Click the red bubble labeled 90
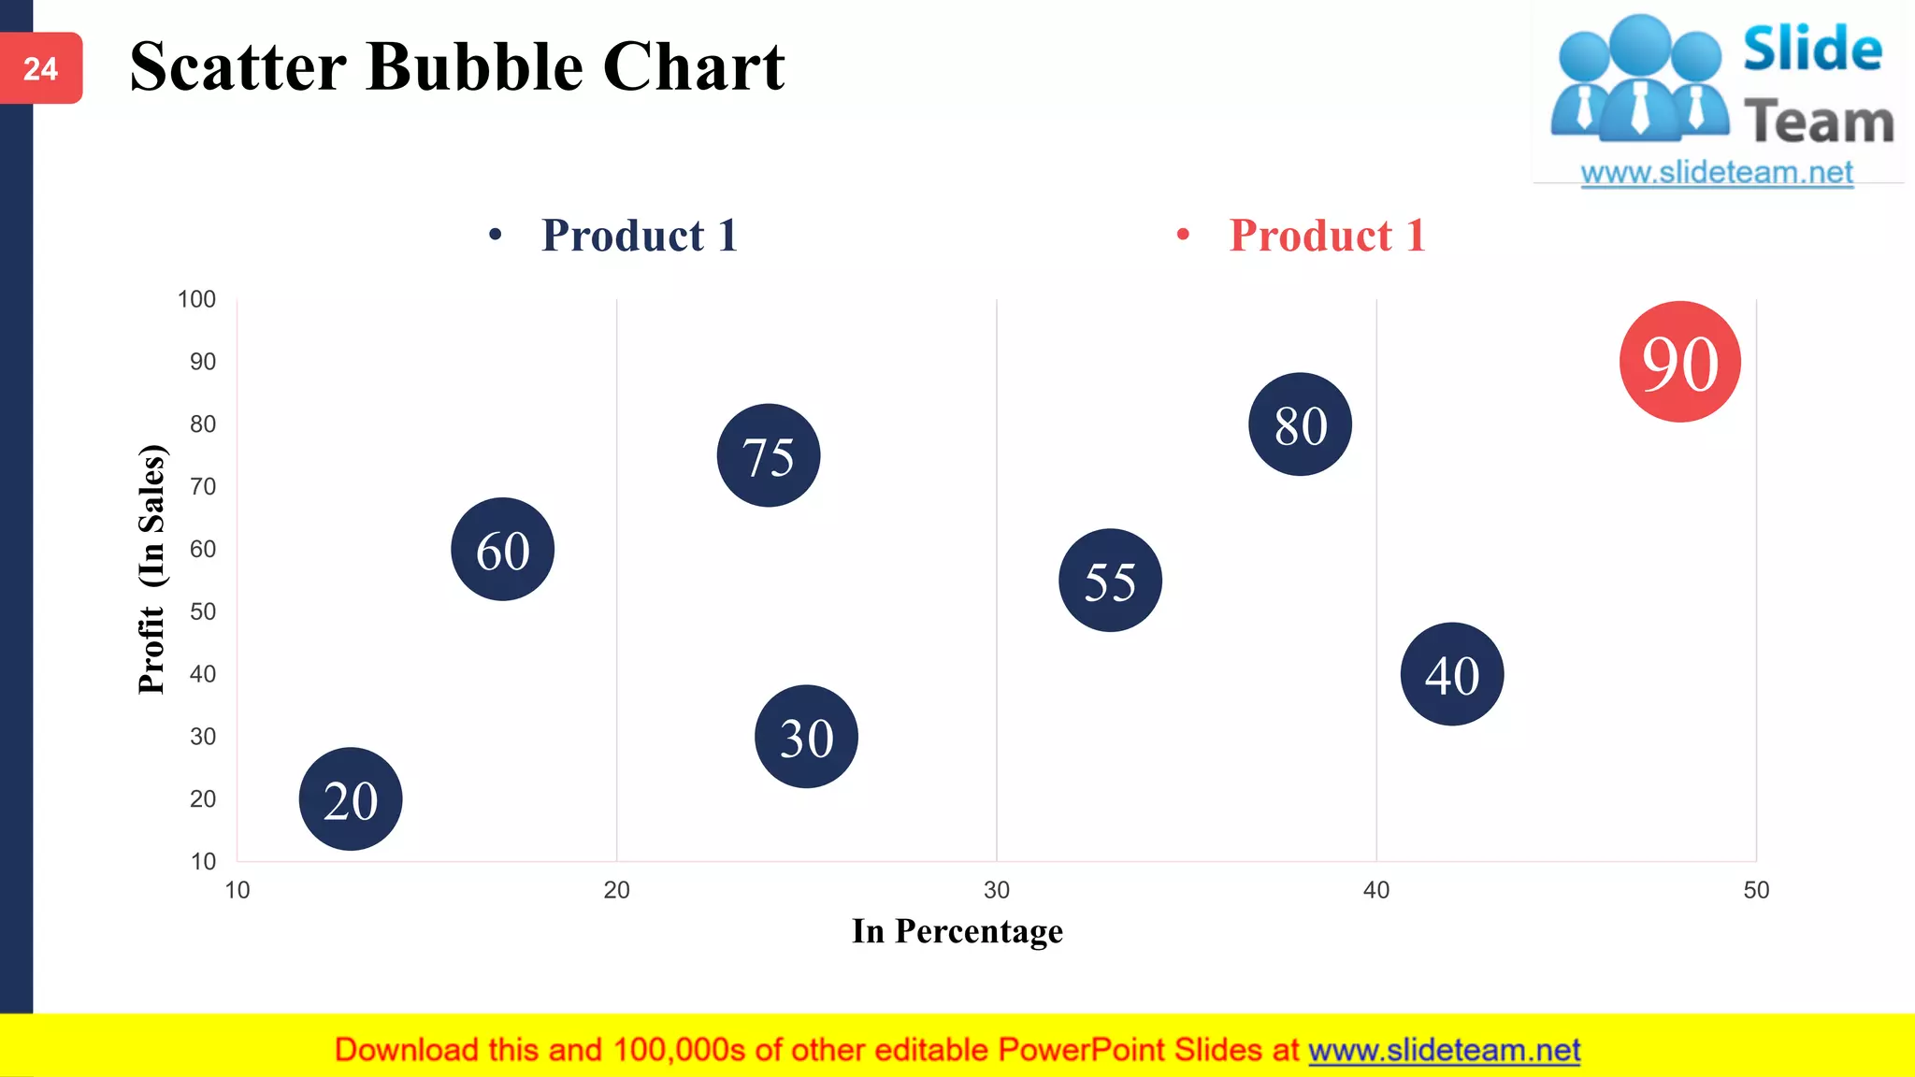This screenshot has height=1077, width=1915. tap(1679, 362)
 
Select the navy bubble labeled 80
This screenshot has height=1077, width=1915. tap(1300, 424)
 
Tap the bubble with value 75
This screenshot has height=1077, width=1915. tap(768, 455)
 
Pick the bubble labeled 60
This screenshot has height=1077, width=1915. tap(502, 549)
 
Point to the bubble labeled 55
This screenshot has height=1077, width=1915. tap(1110, 581)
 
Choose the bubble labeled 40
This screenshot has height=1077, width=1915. tap(1451, 674)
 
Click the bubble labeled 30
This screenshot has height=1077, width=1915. tap(806, 737)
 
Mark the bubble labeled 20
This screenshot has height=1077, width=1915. tap(351, 799)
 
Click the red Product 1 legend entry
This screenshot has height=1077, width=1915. tap(1326, 235)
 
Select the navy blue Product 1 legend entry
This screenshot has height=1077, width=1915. tap(639, 235)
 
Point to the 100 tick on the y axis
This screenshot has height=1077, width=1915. tap(196, 299)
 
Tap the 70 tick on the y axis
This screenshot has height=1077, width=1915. tap(203, 487)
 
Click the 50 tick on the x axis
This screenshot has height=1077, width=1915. tap(1755, 890)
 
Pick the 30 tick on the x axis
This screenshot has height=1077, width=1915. tap(996, 890)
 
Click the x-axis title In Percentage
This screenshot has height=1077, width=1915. tap(957, 931)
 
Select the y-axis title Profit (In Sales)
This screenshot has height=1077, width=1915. tap(151, 568)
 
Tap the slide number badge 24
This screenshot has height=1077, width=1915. tap(41, 68)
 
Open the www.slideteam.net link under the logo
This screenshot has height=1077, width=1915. tap(1717, 173)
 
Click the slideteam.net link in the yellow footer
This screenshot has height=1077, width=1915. tap(1444, 1050)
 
